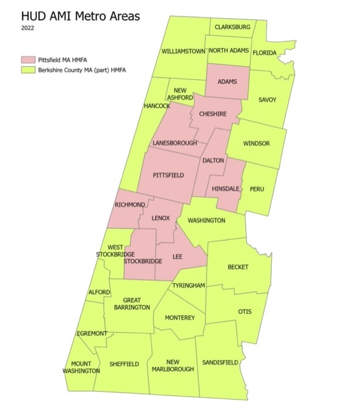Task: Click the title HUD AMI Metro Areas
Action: point(81,16)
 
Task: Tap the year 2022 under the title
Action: point(28,28)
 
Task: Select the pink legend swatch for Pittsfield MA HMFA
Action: point(29,60)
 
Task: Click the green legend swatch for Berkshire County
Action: point(29,70)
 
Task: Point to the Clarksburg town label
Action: point(232,27)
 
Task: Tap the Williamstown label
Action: point(184,52)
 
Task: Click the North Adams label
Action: point(228,52)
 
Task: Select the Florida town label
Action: point(264,53)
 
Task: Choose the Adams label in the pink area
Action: point(227,82)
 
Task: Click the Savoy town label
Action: point(268,100)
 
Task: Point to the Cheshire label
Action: point(213,114)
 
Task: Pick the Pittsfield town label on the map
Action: point(168,175)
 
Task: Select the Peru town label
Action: point(257,189)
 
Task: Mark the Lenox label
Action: point(161,218)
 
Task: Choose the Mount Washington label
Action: point(82,367)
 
